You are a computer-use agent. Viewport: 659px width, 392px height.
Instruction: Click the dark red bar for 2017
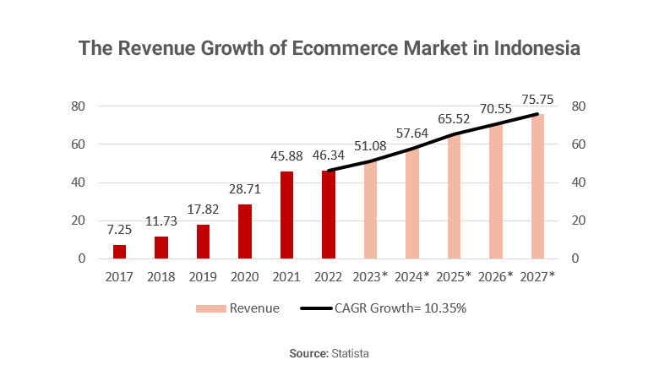pyautogui.click(x=119, y=252)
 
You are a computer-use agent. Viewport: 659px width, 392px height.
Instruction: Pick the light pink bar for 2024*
pyautogui.click(x=412, y=204)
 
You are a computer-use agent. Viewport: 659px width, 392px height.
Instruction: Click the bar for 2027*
pyautogui.click(x=537, y=187)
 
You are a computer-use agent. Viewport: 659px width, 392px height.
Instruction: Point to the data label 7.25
pyautogui.click(x=119, y=230)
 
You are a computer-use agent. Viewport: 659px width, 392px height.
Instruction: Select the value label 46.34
pyautogui.click(x=329, y=156)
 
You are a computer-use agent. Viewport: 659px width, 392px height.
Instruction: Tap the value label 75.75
pyautogui.click(x=537, y=100)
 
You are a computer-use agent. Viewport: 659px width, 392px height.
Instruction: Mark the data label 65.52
pyautogui.click(x=454, y=119)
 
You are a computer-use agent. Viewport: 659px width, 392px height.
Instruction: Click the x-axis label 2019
pyautogui.click(x=203, y=276)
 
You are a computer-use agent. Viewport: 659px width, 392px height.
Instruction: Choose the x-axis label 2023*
pyautogui.click(x=370, y=276)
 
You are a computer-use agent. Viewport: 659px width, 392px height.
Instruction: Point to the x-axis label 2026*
pyautogui.click(x=496, y=276)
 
